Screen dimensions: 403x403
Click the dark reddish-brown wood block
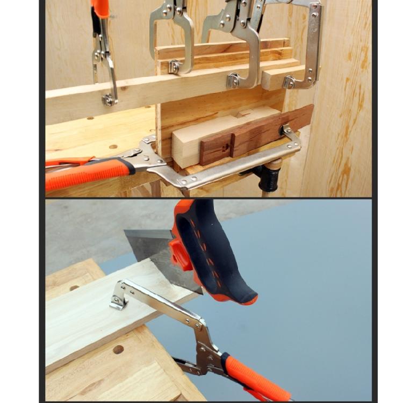pos(253,134)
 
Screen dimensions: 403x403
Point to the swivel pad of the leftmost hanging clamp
pos(109,99)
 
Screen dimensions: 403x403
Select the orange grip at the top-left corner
pos(101,8)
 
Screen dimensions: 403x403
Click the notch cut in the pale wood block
pos(245,113)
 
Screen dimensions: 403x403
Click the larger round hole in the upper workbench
pos(113,146)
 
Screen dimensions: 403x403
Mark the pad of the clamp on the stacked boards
pos(174,67)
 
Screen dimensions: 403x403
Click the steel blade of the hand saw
pos(156,253)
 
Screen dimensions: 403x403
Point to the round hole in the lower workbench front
pos(118,349)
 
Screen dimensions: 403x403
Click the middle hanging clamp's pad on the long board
pos(233,81)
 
